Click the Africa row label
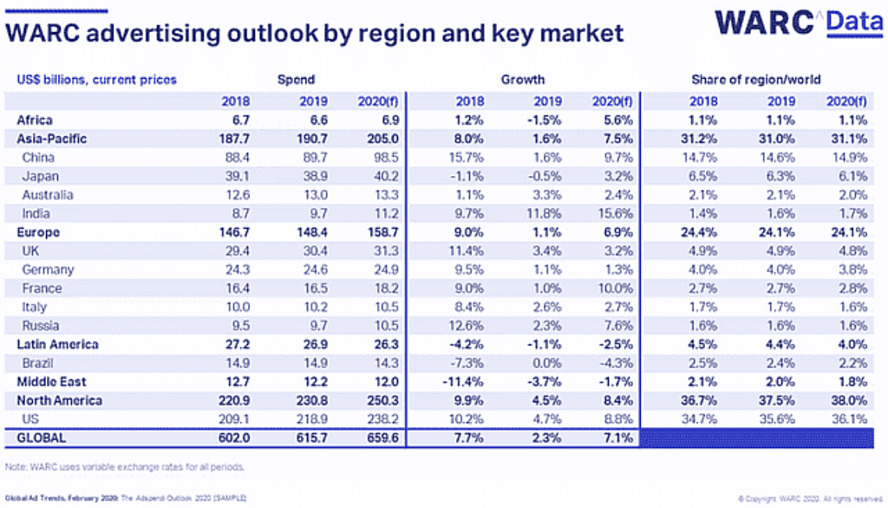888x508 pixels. (x=35, y=120)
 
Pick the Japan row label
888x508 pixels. (x=42, y=176)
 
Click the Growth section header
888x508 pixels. (x=523, y=80)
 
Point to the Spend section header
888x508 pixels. (x=296, y=80)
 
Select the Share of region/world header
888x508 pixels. (x=755, y=80)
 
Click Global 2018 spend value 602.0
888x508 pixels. (x=233, y=439)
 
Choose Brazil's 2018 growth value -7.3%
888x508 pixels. (x=467, y=363)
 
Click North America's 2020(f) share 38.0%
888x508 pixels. (x=849, y=401)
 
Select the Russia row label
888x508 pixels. (x=42, y=326)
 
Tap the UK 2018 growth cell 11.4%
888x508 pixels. (x=466, y=251)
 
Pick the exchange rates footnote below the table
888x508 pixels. (x=125, y=466)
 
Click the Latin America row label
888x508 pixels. (x=57, y=344)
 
